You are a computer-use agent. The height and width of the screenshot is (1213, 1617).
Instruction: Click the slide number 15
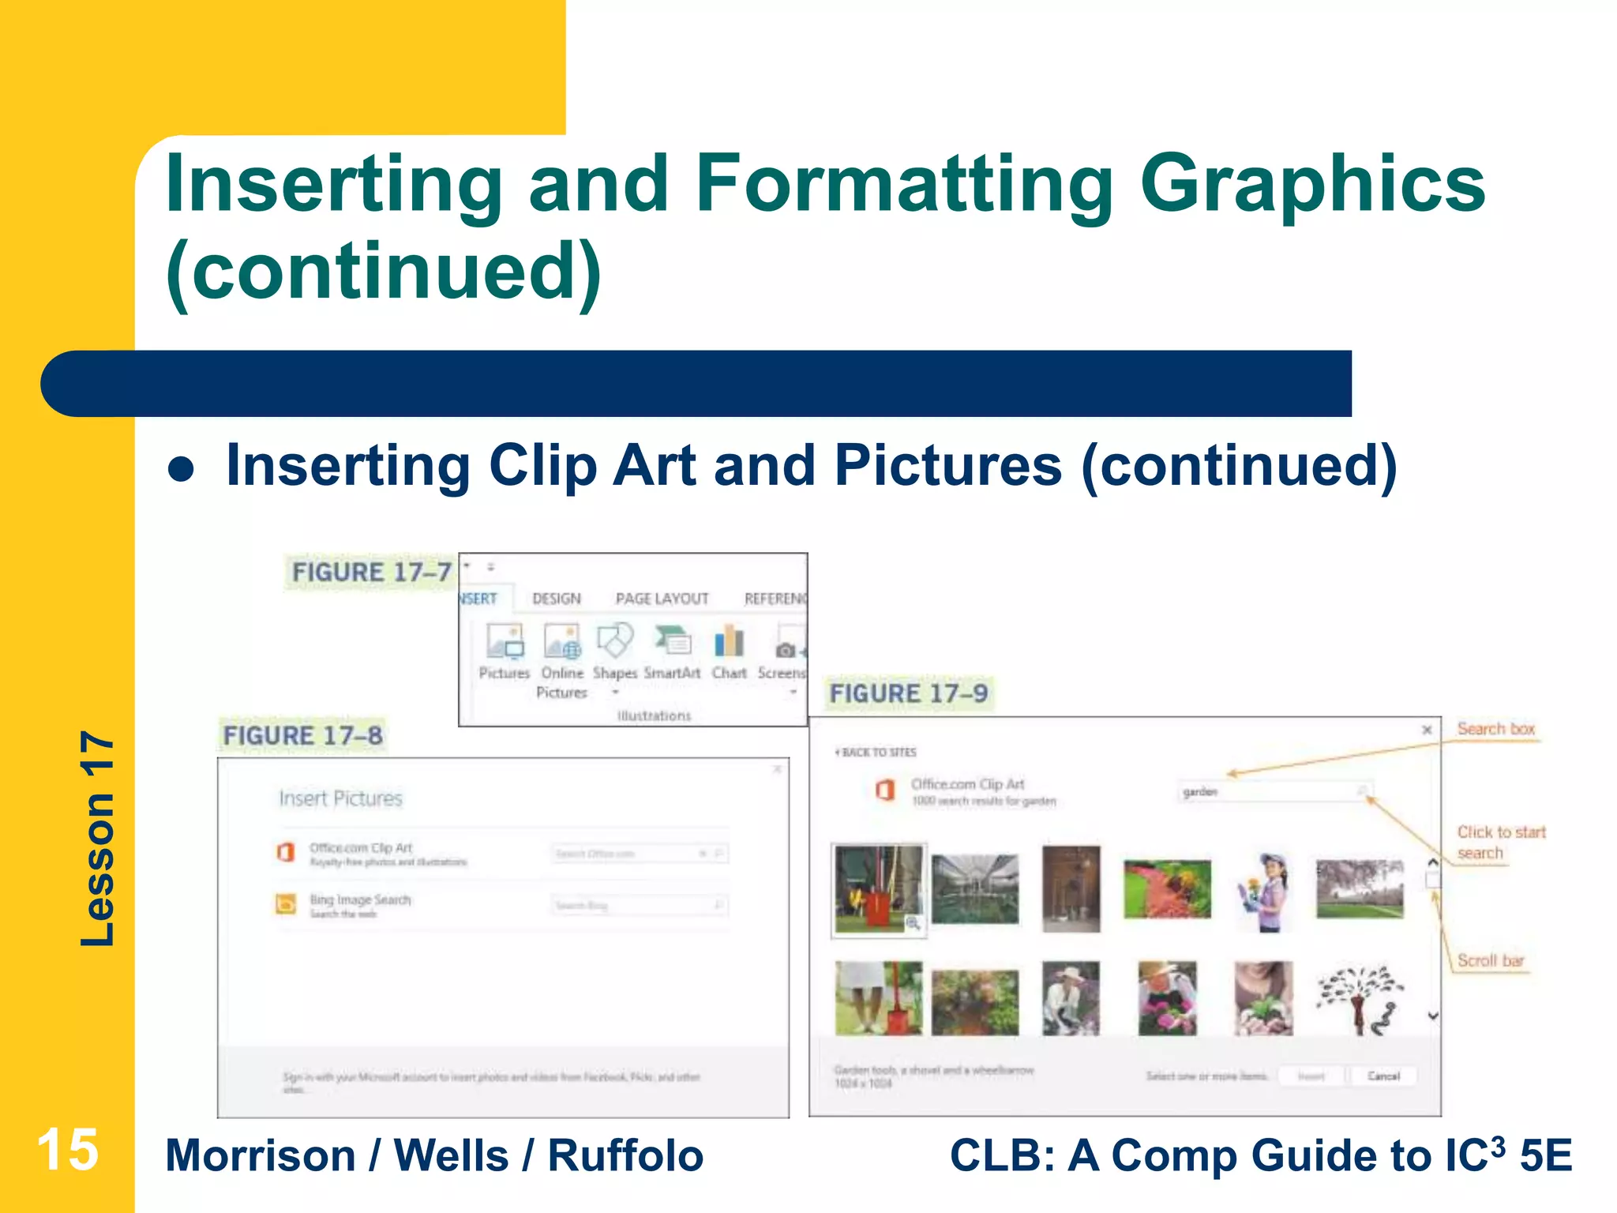pos(67,1150)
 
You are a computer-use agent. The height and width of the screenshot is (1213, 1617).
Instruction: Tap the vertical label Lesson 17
pos(97,839)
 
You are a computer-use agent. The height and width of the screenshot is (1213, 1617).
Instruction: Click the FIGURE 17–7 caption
pos(371,572)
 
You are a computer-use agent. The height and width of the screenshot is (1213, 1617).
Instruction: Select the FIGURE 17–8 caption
pos(302,735)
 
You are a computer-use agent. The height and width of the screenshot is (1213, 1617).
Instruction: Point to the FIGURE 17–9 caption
pos(908,693)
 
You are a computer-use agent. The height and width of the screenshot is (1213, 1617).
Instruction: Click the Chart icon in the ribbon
pos(729,642)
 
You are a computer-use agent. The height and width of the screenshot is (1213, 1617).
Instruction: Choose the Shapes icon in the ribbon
pos(615,640)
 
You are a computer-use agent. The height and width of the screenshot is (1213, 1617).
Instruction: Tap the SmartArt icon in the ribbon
pos(672,641)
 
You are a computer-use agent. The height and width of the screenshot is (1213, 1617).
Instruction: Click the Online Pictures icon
pos(562,641)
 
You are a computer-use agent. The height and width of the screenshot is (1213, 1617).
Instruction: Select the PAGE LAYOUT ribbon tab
pos(662,599)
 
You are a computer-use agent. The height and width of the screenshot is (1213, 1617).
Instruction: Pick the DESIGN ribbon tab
pos(557,599)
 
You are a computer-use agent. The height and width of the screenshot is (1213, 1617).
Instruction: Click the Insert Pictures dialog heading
pos(340,798)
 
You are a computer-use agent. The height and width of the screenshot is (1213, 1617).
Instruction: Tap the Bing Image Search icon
pos(285,903)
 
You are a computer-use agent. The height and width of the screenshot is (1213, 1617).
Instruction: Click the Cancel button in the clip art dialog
pos(1383,1076)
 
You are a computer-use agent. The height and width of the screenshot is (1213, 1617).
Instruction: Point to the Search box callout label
pos(1495,729)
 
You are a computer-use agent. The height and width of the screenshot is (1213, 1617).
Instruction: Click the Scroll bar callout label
pos(1490,960)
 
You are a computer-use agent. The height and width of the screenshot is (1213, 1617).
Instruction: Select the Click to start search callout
pos(1500,842)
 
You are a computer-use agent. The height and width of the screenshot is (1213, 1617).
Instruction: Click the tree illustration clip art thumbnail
pos(1360,998)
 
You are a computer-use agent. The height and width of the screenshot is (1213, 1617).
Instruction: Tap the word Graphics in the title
pos(1312,184)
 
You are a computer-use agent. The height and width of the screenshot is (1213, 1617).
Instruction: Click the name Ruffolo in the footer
pos(625,1155)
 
